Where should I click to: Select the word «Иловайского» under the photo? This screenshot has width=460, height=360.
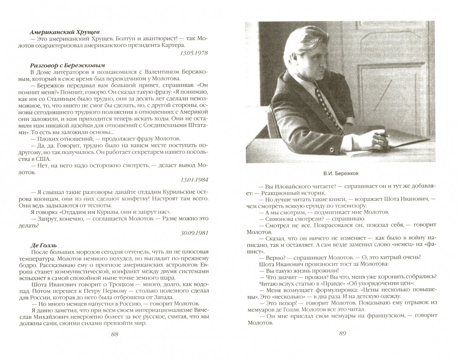[290, 186]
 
